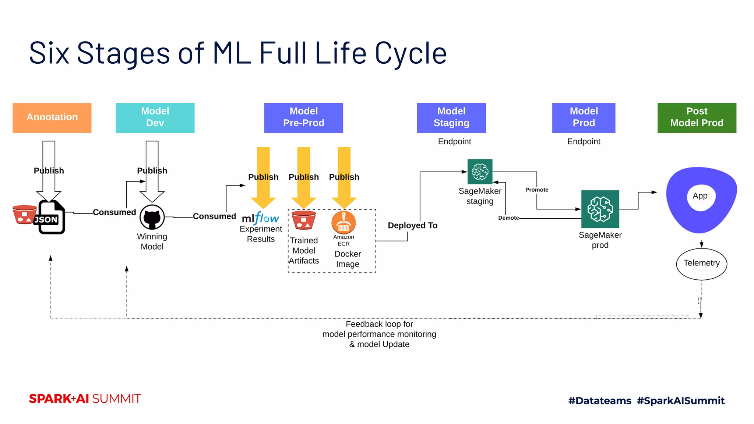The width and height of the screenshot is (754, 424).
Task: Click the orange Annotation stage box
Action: (x=52, y=118)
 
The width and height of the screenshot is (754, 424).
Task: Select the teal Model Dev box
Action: (x=155, y=118)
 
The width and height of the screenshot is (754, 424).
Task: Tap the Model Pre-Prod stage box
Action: (x=303, y=118)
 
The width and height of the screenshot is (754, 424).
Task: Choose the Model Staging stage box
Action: (x=451, y=118)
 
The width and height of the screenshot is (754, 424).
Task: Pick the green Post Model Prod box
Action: (x=697, y=118)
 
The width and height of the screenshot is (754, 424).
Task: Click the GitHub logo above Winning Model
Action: (x=152, y=217)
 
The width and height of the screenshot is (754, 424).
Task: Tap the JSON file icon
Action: (x=51, y=218)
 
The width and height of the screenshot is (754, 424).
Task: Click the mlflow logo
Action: (x=260, y=218)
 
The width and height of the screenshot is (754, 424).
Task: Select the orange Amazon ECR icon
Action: (x=343, y=222)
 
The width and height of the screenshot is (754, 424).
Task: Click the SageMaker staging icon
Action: (x=480, y=172)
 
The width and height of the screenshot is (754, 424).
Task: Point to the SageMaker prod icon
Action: (x=600, y=209)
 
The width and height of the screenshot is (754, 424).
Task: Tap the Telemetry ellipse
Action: (x=701, y=264)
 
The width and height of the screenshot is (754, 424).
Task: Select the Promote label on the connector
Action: (x=537, y=190)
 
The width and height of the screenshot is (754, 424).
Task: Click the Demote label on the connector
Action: (x=508, y=218)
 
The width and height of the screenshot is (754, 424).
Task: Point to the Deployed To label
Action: (x=412, y=225)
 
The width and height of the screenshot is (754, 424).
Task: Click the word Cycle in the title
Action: (x=411, y=53)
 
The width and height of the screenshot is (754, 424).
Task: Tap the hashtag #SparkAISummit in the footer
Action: (x=680, y=400)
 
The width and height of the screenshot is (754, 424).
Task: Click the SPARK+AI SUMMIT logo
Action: (x=85, y=399)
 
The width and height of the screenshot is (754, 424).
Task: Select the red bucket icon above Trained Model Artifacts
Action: (x=303, y=220)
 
